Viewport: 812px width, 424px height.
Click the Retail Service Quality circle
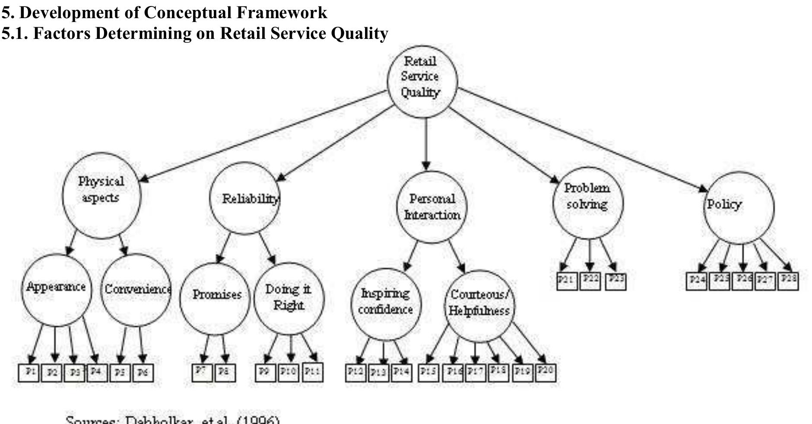tap(422, 81)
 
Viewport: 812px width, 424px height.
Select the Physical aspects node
tap(101, 195)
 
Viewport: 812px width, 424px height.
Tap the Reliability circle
tap(244, 198)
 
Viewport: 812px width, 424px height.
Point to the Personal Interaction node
tap(431, 207)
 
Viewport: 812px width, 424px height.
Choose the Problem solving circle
tap(587, 202)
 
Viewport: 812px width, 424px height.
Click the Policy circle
tap(738, 207)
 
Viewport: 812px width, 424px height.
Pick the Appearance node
tap(56, 290)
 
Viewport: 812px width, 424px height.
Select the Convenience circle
tap(136, 290)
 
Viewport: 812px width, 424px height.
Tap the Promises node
tap(215, 298)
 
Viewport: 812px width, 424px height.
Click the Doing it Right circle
tap(289, 298)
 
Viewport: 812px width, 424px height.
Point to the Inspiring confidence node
tap(385, 303)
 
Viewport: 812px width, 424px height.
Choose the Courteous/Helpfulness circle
tap(479, 305)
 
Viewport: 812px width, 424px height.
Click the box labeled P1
tap(29, 373)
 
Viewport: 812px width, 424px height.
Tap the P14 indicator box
tap(401, 373)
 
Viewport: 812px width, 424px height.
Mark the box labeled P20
tap(545, 372)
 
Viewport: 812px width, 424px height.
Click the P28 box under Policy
tap(788, 280)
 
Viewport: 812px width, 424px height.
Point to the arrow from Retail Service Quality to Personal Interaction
tap(426, 143)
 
